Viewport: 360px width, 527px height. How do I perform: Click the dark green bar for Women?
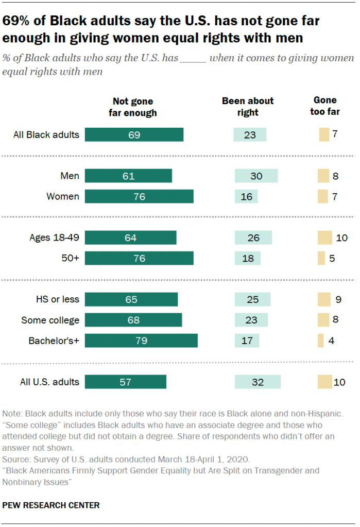coord(139,196)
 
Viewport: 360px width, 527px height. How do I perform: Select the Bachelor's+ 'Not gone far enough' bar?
coord(141,341)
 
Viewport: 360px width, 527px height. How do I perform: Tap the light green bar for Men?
coord(256,176)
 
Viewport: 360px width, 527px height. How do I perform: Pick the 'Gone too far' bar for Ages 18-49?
coord(324,237)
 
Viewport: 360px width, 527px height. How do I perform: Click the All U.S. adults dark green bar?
coord(126,382)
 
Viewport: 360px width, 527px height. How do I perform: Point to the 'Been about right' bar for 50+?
coord(248,258)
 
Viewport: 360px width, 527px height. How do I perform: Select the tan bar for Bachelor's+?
coord(321,341)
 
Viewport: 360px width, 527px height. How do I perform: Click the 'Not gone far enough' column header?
coord(133,107)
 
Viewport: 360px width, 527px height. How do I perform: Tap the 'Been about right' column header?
coord(248,106)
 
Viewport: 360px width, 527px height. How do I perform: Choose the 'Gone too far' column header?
coord(325,106)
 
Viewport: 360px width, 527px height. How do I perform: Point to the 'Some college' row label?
coord(50,320)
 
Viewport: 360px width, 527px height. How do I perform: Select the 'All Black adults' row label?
coord(46,135)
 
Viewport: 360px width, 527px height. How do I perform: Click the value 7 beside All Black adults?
coord(335,134)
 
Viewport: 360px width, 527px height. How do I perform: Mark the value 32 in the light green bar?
coord(257,382)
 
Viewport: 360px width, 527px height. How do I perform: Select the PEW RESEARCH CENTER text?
coord(51,505)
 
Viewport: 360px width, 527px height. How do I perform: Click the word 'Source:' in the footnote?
coord(16,458)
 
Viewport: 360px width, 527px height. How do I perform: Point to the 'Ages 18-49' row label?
coord(55,237)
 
